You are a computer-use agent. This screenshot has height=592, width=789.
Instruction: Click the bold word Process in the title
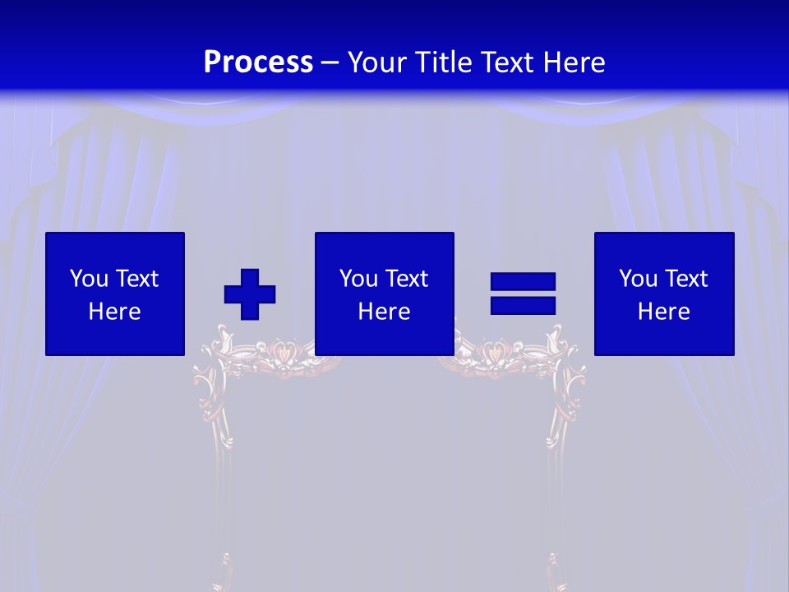pos(258,62)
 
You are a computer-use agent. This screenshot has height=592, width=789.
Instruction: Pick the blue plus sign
pos(250,294)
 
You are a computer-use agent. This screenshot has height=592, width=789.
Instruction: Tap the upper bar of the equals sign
pos(523,282)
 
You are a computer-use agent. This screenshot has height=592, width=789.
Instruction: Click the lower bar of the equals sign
pos(523,306)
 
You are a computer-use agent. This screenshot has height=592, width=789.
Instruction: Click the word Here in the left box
pos(115,312)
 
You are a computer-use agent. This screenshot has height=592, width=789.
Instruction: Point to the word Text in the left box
pos(136,279)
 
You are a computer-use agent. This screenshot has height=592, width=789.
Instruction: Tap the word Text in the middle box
pos(406,279)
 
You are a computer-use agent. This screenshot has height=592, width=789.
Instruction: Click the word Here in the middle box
pos(385,312)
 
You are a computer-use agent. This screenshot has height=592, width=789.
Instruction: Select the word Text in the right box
pos(685,279)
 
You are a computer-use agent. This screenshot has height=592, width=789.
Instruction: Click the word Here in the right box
pos(664,312)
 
